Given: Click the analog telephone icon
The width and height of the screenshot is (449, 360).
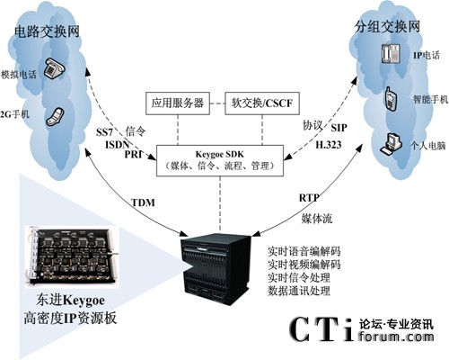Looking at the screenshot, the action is [54, 68].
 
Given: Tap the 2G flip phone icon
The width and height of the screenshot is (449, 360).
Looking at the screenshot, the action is [56, 116].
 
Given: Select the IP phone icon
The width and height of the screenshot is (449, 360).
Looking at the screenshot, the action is [391, 53].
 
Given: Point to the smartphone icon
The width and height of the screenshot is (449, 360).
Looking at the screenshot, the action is [391, 98].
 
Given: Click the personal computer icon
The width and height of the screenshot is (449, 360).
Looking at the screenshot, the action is [391, 144].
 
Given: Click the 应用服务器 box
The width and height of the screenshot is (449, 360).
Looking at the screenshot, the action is [178, 103].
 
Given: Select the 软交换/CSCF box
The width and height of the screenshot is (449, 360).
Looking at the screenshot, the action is [262, 103].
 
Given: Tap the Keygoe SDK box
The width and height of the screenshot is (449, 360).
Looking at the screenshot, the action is [220, 160].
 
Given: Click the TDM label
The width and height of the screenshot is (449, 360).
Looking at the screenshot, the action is [144, 202].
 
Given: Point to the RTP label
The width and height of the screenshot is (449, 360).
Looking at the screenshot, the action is [309, 198].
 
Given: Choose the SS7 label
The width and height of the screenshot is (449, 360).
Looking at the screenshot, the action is [104, 132].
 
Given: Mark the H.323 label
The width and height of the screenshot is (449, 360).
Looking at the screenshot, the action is [329, 145].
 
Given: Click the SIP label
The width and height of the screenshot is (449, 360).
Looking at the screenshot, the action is [339, 128].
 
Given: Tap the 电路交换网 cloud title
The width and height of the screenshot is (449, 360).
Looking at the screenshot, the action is [47, 31].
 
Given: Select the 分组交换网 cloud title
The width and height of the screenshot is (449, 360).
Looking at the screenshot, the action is [387, 27].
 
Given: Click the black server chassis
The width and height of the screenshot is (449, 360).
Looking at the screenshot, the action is [216, 269].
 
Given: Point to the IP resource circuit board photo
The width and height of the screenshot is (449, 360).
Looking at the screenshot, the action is [72, 256].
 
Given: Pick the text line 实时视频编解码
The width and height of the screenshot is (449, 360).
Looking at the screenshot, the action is [304, 265].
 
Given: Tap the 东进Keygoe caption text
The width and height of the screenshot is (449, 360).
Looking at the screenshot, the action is [70, 300].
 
